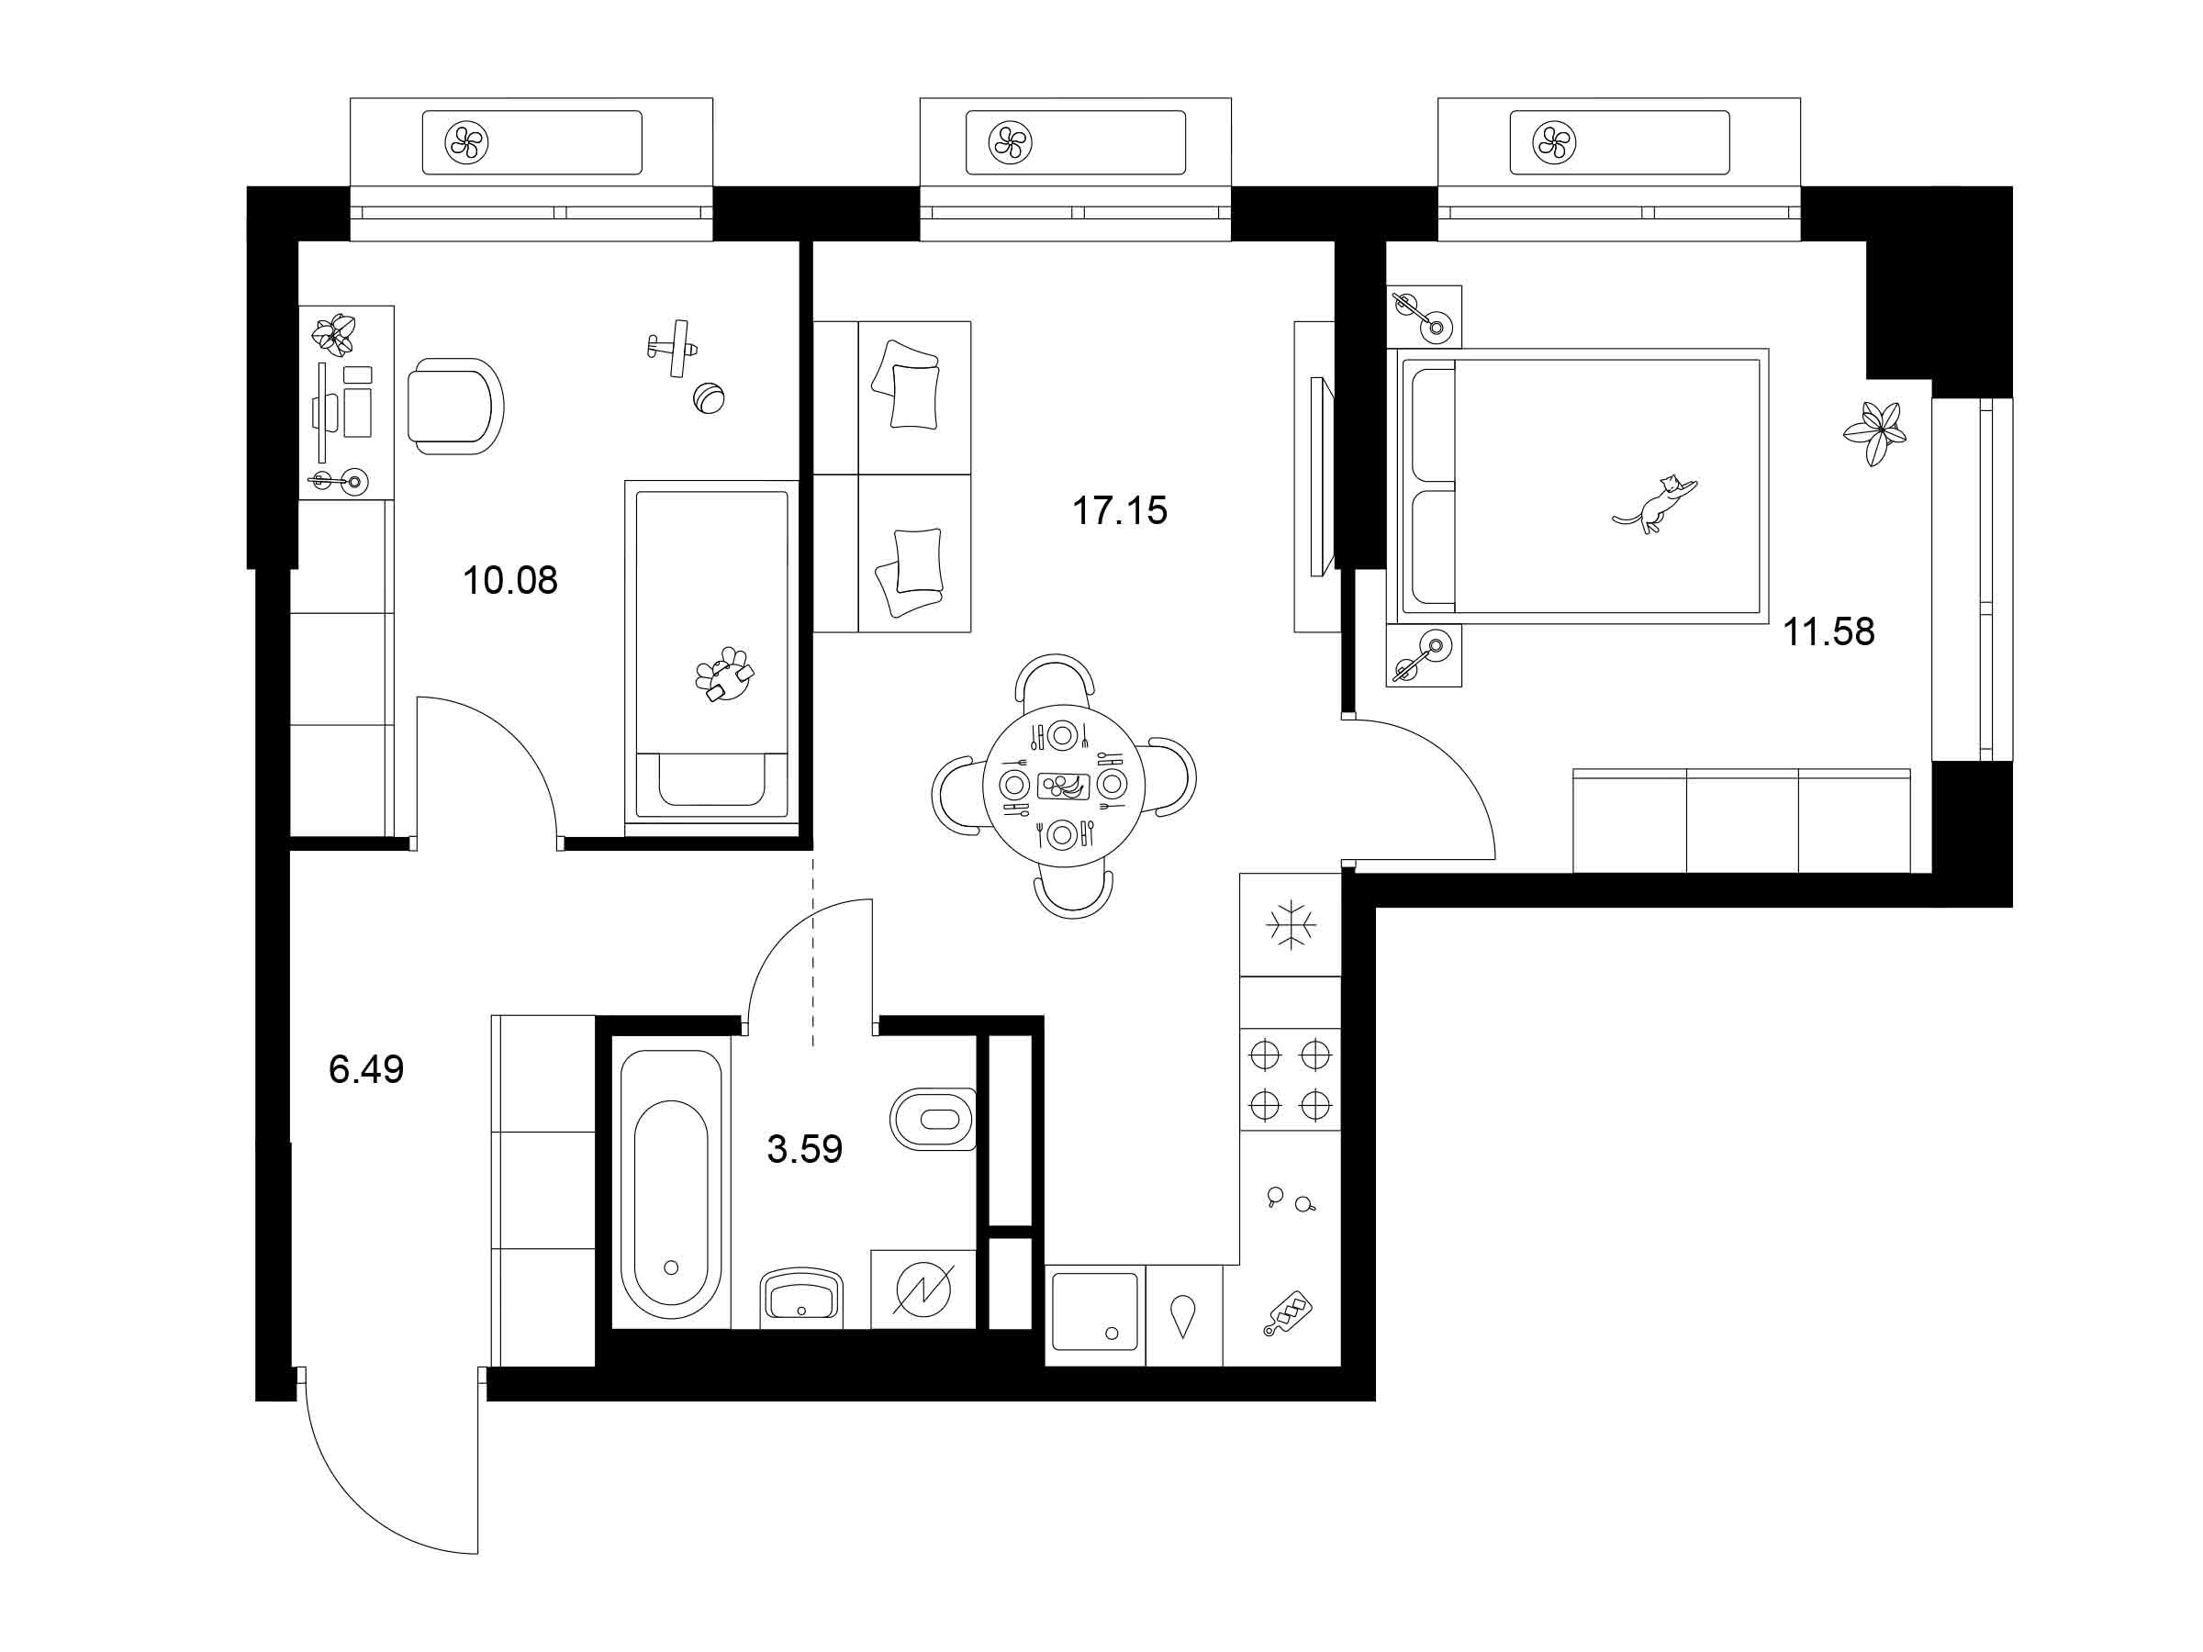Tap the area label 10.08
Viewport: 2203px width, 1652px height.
pyautogui.click(x=510, y=579)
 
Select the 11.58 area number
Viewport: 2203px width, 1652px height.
pyautogui.click(x=1828, y=631)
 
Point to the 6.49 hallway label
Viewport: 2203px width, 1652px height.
pyautogui.click(x=366, y=1069)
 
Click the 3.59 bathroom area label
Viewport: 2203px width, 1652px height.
pyautogui.click(x=805, y=1149)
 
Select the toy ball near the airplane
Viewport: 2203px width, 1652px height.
pyautogui.click(x=708, y=398)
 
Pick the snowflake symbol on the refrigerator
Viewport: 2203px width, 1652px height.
pyautogui.click(x=1291, y=925)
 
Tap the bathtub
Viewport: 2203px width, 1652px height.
pyautogui.click(x=670, y=1184)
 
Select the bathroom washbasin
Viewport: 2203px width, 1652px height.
pyautogui.click(x=800, y=1298)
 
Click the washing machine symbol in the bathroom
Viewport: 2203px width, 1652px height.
pyautogui.click(x=923, y=1289)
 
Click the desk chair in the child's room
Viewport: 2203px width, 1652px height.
pyautogui.click(x=455, y=407)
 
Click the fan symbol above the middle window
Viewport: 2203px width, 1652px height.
pyautogui.click(x=1010, y=142)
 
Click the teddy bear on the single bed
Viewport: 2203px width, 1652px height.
pyautogui.click(x=725, y=675)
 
